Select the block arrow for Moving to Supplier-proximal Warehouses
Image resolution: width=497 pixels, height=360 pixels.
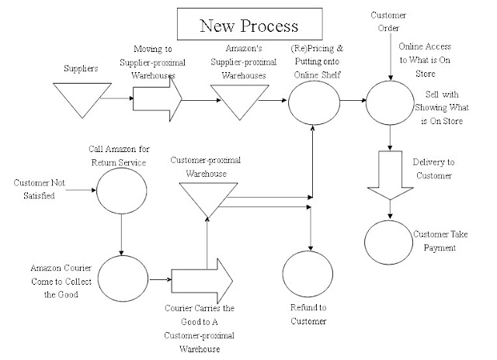pos(158,100)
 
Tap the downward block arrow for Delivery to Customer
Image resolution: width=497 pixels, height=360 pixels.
pos(391,175)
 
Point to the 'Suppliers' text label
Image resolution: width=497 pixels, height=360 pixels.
pos(82,67)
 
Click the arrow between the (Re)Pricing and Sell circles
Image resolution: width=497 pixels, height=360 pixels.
pos(352,101)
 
